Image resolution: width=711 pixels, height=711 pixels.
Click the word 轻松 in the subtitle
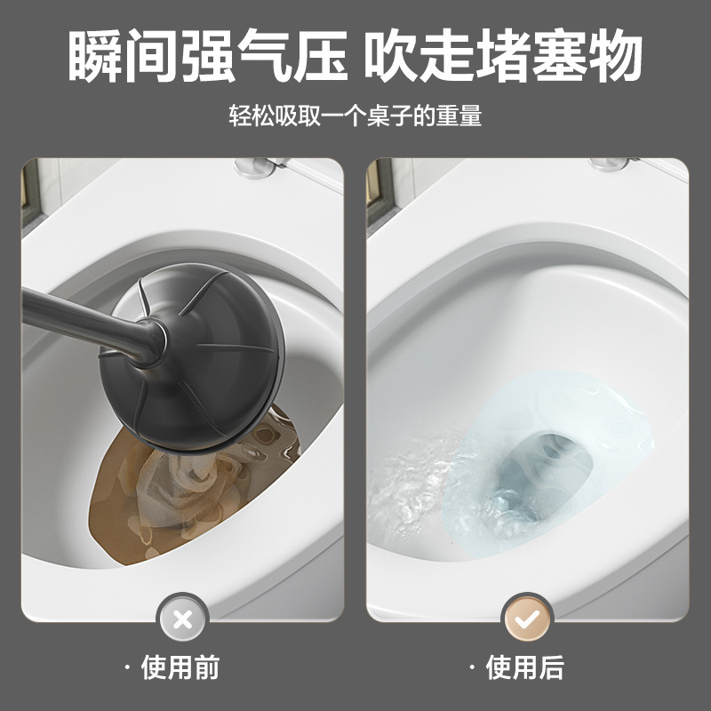coord(250,116)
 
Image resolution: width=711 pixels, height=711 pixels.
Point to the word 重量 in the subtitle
coord(460,116)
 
